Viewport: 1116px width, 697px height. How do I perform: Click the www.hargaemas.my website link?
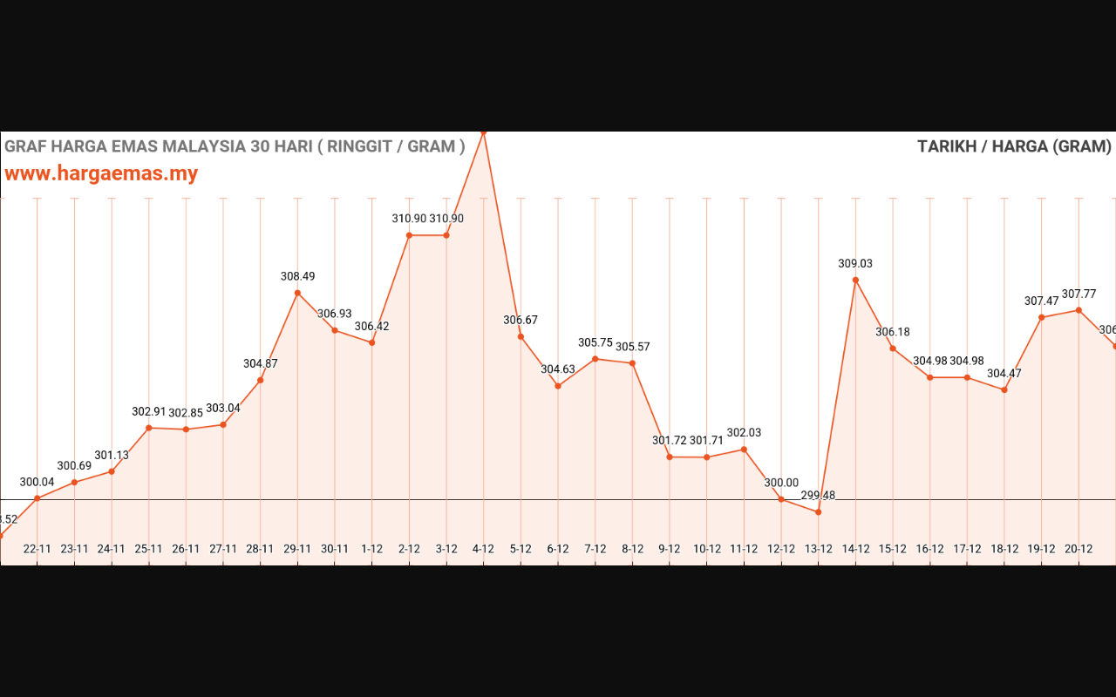click(x=101, y=173)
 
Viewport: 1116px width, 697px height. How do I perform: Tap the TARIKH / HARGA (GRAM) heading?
click(x=1014, y=146)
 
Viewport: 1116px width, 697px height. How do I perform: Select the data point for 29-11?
click(x=297, y=293)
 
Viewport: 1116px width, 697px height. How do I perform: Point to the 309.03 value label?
click(x=855, y=263)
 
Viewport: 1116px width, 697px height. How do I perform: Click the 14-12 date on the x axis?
click(x=855, y=549)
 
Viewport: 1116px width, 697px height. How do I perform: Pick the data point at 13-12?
click(x=819, y=512)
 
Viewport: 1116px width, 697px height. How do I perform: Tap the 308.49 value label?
click(x=297, y=276)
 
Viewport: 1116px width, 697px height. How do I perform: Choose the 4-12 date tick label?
click(x=483, y=549)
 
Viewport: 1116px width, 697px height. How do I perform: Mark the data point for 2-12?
click(x=409, y=235)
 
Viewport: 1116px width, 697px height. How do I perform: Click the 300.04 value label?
click(x=37, y=482)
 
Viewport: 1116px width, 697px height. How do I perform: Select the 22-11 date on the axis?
click(x=37, y=549)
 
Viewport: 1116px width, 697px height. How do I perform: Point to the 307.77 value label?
click(x=1079, y=294)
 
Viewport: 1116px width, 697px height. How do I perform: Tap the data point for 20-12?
click(x=1079, y=310)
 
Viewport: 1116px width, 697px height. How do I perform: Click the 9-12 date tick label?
click(x=669, y=549)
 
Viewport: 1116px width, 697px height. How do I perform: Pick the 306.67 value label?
click(x=521, y=320)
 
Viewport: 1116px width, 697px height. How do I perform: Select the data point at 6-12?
click(x=558, y=386)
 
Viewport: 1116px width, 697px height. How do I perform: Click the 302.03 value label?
click(x=744, y=432)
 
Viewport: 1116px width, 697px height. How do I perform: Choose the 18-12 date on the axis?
click(x=1004, y=549)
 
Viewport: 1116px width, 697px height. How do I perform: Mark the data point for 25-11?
click(x=149, y=428)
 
